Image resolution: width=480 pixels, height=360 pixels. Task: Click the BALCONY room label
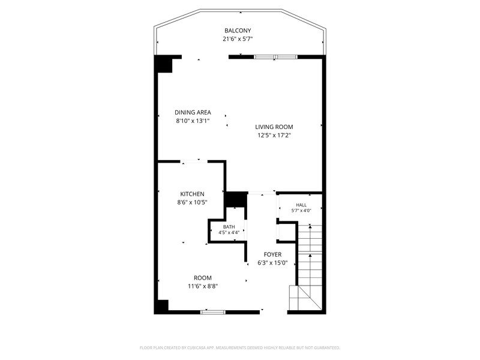[x=238, y=31]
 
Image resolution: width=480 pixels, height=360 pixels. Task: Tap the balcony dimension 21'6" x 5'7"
[x=238, y=39]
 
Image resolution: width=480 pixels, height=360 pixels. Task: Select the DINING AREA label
[x=193, y=112]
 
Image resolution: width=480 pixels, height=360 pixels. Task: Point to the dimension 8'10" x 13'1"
[x=193, y=121]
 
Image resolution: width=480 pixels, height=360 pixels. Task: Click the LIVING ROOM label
[x=274, y=127]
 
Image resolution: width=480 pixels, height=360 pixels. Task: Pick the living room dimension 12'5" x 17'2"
[x=274, y=136]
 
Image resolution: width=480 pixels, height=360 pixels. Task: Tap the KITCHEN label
[x=192, y=194]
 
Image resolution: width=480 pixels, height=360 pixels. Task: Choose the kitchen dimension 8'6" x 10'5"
[x=192, y=202]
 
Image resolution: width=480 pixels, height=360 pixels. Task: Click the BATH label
[x=229, y=227]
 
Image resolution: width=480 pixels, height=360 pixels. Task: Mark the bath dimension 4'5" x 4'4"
[x=229, y=232]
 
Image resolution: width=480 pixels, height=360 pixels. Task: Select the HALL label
[x=301, y=205]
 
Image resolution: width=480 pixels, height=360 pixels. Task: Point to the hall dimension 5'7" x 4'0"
[x=301, y=211]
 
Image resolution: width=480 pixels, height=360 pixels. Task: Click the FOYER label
[x=273, y=254]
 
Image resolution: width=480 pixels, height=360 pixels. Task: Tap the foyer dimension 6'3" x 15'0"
[x=273, y=263]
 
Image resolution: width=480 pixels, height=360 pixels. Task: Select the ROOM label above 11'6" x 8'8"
[x=203, y=278]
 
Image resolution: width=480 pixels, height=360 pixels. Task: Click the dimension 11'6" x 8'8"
[x=203, y=287]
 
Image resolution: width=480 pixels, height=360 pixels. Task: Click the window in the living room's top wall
[x=275, y=57]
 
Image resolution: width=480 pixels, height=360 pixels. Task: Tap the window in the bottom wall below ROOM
[x=213, y=312]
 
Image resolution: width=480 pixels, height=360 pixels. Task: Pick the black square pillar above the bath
[x=236, y=200]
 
